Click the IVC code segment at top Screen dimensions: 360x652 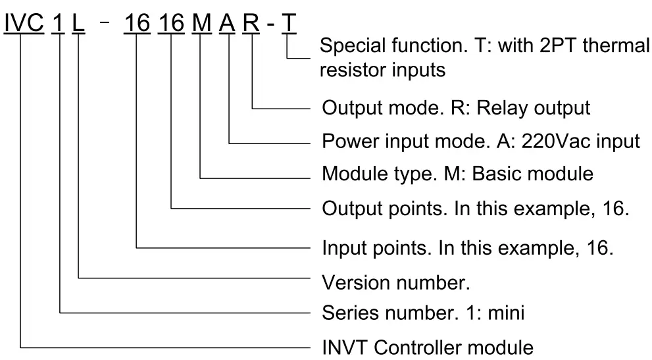tap(24, 24)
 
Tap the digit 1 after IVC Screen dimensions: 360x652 tap(60, 24)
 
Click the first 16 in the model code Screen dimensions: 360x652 tap(137, 24)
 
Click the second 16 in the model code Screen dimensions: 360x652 tap(172, 24)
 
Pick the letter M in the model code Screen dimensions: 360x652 tap(201, 24)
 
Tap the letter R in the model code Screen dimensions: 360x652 tap(251, 24)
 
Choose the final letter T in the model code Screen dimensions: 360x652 tap(289, 24)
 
